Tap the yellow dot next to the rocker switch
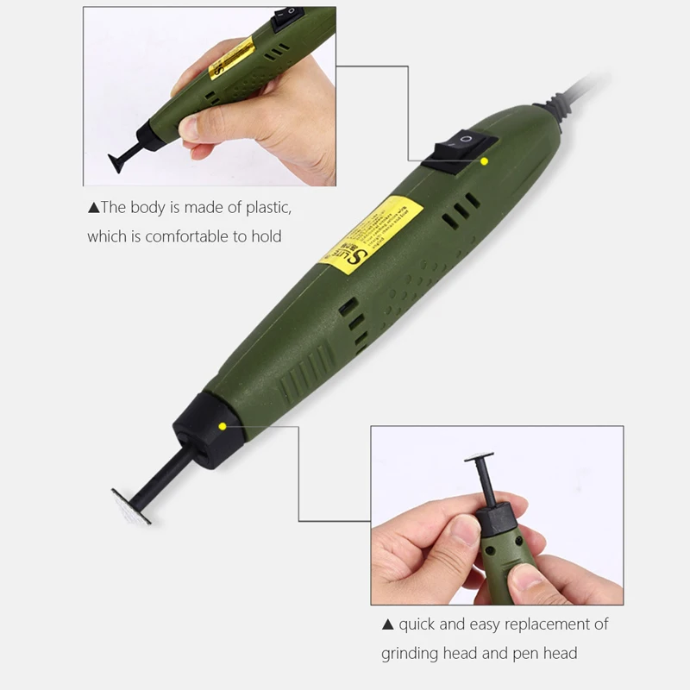tap(485, 161)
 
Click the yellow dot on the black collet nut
tap(223, 425)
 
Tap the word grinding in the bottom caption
tap(411, 654)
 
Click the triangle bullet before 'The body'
tap(93, 207)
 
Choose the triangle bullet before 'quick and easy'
tap(388, 624)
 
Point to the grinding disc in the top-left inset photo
tap(120, 164)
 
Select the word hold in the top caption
tap(267, 236)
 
